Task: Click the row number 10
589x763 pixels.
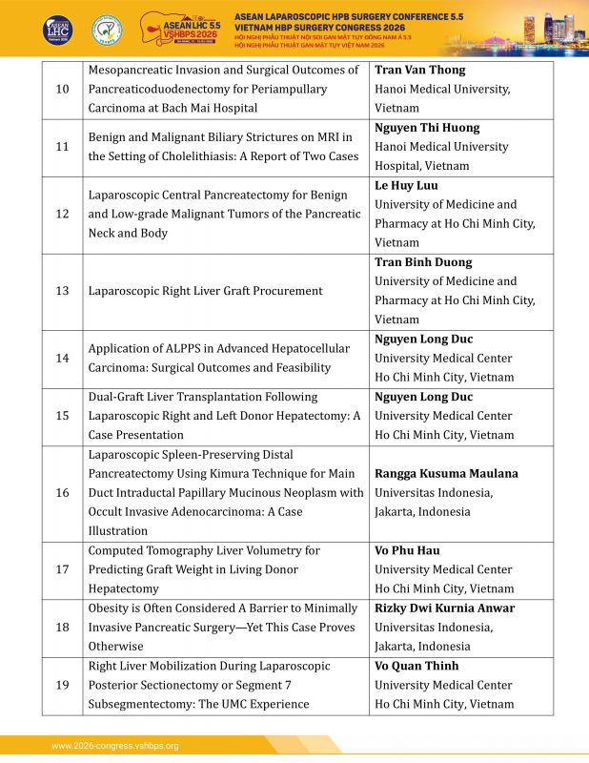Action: coord(62,89)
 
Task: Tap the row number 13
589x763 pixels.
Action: coord(62,291)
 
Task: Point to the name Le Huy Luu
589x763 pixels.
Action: coord(406,185)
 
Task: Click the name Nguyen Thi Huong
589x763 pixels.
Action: coord(427,128)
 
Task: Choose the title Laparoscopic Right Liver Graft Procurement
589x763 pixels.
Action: coord(205,291)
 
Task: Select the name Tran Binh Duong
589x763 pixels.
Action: coord(423,262)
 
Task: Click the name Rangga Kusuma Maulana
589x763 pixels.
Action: coord(446,474)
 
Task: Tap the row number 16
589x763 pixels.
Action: coord(62,493)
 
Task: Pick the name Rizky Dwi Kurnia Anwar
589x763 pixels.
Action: coord(444,608)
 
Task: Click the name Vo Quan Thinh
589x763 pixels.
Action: coord(416,666)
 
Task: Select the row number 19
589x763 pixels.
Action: coord(62,685)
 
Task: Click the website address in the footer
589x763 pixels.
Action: coord(115,746)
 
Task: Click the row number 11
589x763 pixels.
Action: coord(62,147)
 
